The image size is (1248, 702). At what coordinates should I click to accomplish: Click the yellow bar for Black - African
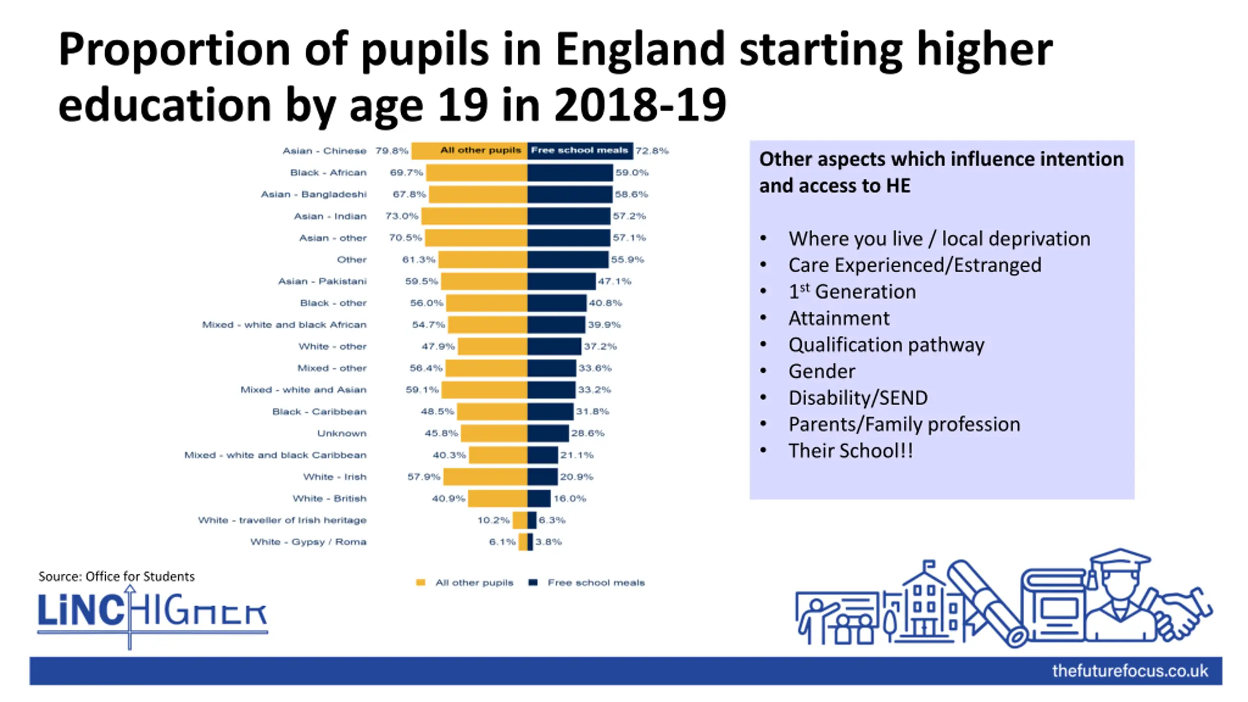coord(477,173)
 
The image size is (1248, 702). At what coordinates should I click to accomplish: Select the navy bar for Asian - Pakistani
coord(561,281)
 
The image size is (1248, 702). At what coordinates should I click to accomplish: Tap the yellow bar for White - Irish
coord(485,477)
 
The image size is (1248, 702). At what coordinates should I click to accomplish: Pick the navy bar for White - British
coord(539,498)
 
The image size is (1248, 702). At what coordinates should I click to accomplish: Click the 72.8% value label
coord(652,151)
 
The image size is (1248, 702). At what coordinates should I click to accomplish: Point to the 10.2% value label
coord(493,520)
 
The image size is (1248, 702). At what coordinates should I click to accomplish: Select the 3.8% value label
coord(548,542)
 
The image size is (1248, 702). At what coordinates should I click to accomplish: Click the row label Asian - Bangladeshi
coord(313,194)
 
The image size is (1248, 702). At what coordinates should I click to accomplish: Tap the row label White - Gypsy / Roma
coord(308,542)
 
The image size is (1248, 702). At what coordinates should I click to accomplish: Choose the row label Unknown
coord(341,433)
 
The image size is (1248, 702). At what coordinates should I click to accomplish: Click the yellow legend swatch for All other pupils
coord(421,583)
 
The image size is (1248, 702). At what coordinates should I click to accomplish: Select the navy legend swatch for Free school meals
coord(533,583)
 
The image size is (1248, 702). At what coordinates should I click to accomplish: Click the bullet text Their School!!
coord(851,450)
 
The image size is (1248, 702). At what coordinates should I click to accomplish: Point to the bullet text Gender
coord(821,371)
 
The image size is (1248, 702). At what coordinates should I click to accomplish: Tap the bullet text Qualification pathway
coord(886,345)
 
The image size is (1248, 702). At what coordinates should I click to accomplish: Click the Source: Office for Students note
coord(117,576)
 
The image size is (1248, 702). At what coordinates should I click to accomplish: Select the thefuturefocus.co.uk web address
coord(1130,671)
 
